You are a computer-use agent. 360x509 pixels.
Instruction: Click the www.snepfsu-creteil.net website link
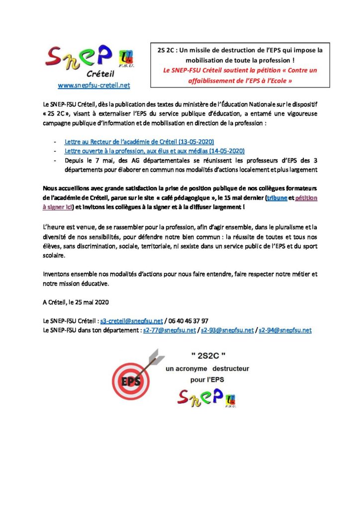point(94,85)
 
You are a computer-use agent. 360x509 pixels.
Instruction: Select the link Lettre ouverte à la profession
point(155,150)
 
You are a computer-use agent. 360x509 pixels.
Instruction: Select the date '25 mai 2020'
point(93,302)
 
